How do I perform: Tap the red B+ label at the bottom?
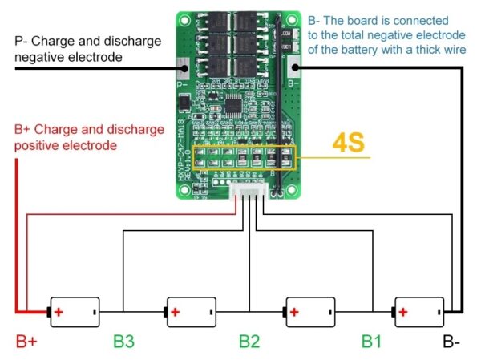pos(26,342)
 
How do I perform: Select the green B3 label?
pos(123,342)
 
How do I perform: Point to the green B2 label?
pos(249,342)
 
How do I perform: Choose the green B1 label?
pos(370,342)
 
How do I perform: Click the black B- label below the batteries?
pos(451,342)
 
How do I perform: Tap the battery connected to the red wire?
pos(75,310)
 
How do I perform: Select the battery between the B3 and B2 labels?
pos(192,310)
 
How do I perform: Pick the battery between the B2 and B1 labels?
pos(311,310)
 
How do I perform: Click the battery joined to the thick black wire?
pos(418,310)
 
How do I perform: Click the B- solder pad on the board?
pos(293,70)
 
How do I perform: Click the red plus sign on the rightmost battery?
pos(404,310)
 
